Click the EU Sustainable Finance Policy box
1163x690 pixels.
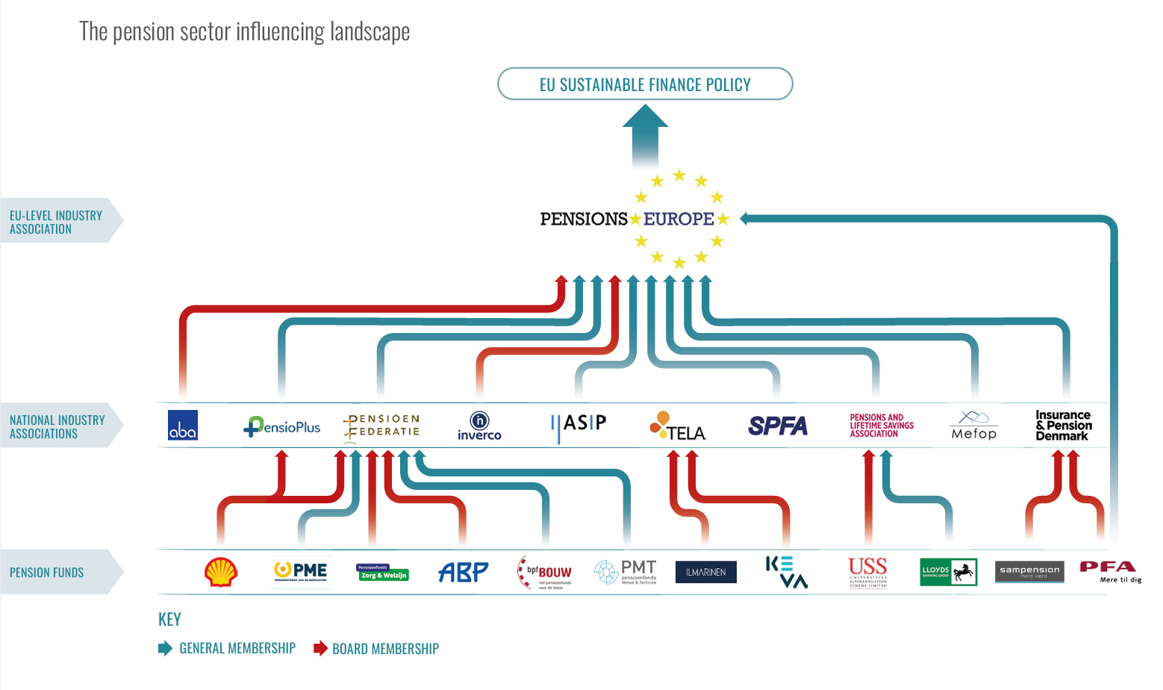[x=645, y=84]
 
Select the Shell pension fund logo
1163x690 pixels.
[x=221, y=572]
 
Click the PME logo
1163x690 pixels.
[x=300, y=572]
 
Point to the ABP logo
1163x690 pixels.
[x=463, y=572]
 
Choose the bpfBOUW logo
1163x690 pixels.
[x=546, y=573]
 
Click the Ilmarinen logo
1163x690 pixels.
[x=705, y=572]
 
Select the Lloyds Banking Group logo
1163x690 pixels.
[x=948, y=572]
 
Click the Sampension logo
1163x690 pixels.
[x=1029, y=572]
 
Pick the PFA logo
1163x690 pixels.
[x=1110, y=571]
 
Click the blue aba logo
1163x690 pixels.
[x=183, y=425]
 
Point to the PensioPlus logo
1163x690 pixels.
[x=282, y=426]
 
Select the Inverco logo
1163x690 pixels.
[x=479, y=426]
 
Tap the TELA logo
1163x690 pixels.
[x=678, y=426]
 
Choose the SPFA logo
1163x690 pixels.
[x=778, y=426]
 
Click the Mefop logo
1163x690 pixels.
[x=973, y=426]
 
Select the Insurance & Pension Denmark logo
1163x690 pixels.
[x=1063, y=426]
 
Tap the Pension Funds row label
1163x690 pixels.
[x=47, y=573]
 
